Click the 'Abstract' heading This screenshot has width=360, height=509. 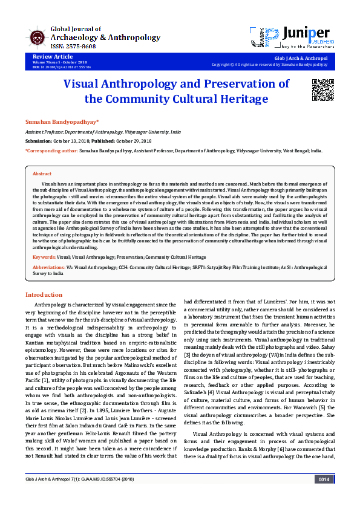pyautogui.click(x=42, y=173)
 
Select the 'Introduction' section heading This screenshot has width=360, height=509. pyautogui.click(x=44, y=294)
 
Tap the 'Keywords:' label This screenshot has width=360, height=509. pyautogui.click(x=44, y=257)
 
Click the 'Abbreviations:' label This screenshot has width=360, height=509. pyautogui.click(x=49, y=266)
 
